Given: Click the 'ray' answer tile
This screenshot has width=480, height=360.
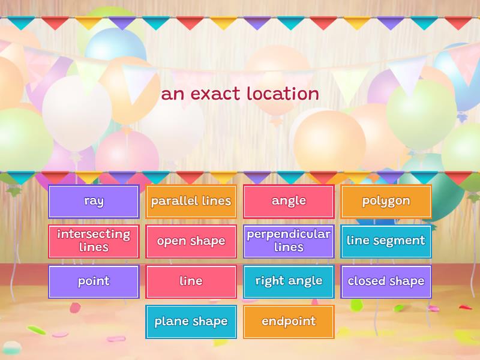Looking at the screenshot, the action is tap(94, 202).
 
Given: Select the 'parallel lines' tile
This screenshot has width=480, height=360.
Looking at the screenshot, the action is tap(191, 202).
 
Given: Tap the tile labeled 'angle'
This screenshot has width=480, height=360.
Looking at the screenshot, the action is tap(289, 202).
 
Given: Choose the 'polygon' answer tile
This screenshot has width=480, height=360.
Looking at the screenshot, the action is tap(386, 202).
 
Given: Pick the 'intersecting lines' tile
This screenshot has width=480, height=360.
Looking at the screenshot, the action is tap(94, 242).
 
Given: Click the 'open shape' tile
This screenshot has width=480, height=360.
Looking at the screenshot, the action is tap(191, 242).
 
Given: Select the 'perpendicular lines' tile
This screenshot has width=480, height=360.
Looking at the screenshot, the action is tap(289, 242).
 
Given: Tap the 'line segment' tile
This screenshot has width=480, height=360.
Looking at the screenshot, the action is tap(386, 242).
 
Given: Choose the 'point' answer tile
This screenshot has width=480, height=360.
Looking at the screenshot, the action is tap(94, 281).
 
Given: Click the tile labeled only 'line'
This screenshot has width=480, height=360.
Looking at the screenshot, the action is tap(191, 281).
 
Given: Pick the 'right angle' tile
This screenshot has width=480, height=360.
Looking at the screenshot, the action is tap(289, 281).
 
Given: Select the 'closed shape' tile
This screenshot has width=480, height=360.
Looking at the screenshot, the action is tap(386, 281).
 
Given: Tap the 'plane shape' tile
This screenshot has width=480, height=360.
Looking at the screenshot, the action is tap(191, 322).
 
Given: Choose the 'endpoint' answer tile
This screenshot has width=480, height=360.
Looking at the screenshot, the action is tap(289, 322).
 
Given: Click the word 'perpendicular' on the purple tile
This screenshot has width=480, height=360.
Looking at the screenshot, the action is tap(289, 235).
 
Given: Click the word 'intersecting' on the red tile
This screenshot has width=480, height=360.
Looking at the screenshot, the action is tap(94, 235).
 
